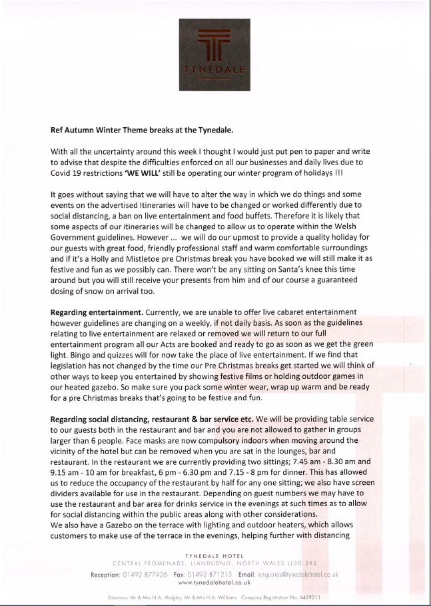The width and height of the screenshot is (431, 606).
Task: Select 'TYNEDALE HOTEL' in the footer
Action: point(215,554)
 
